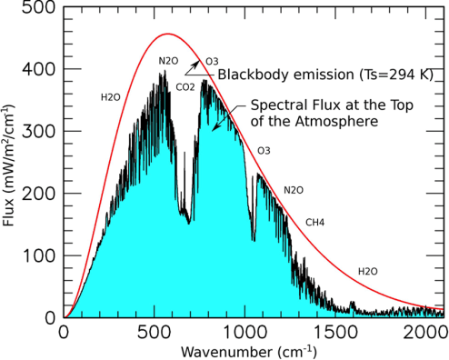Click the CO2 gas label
click(x=185, y=87)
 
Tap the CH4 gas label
click(x=314, y=222)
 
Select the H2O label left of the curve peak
click(x=110, y=96)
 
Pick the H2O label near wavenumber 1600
click(x=368, y=271)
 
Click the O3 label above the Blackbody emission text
click(x=211, y=61)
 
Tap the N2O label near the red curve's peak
click(x=168, y=62)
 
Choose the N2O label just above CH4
click(x=293, y=190)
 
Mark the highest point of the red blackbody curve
click(x=166, y=35)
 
